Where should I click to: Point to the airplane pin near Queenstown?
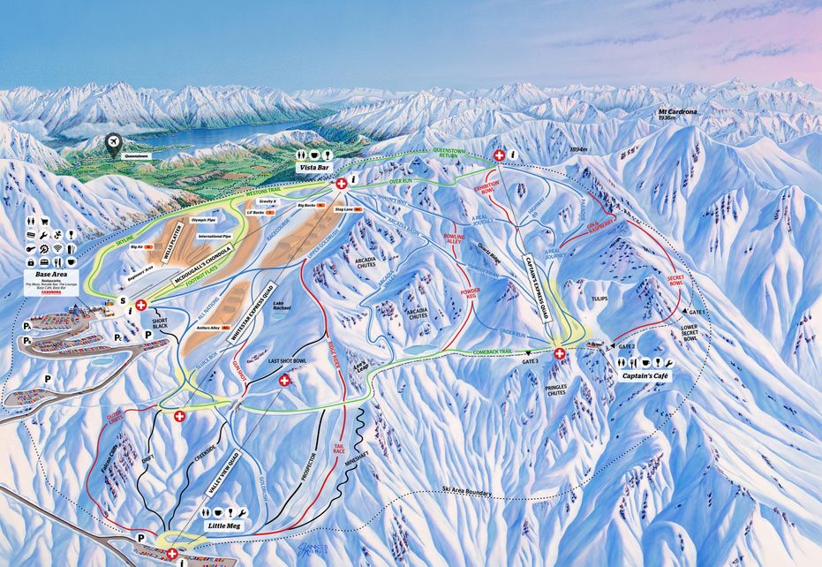113,143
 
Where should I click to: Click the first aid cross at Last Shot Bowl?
284,381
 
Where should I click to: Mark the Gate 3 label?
530,361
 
